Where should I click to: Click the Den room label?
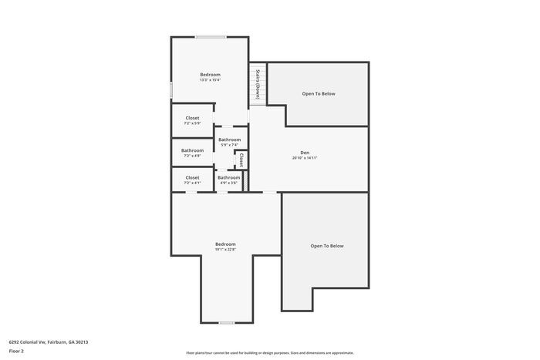305,152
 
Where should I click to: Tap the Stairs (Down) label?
257,85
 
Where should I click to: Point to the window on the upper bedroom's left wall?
171,89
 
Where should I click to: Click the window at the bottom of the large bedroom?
226,322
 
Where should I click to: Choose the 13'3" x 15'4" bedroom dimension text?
210,80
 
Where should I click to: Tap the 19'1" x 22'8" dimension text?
225,249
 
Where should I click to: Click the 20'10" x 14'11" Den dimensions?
305,158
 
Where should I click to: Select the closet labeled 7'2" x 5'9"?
192,120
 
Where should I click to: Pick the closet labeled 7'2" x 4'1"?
192,180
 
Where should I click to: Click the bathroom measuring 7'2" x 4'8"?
192,153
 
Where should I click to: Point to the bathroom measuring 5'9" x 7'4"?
229,142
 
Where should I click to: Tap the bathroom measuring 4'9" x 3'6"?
228,180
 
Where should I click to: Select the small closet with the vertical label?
241,160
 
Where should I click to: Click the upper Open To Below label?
319,93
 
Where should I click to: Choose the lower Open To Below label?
327,246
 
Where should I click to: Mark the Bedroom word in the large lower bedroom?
225,244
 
